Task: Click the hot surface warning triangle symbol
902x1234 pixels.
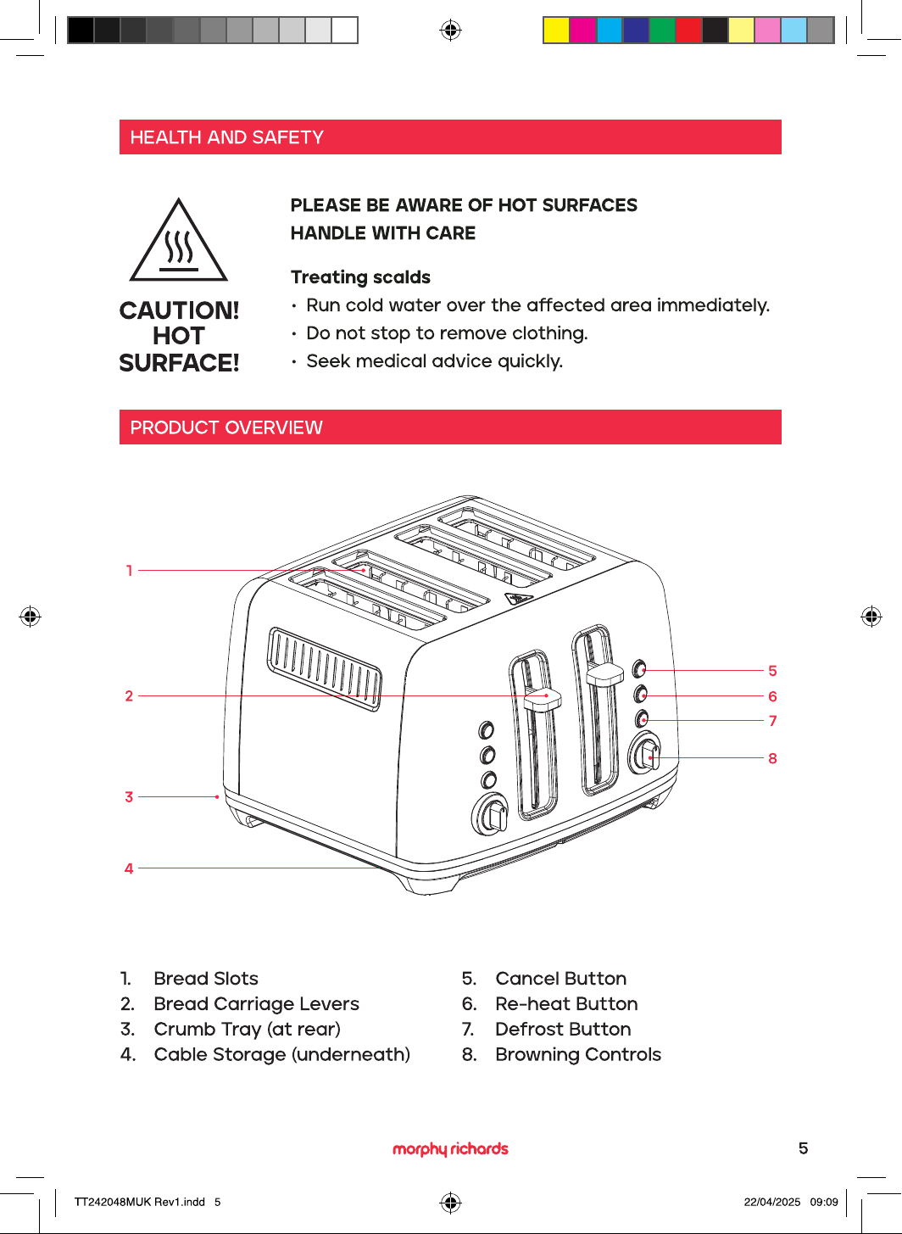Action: pyautogui.click(x=178, y=241)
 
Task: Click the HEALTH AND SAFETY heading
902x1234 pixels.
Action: pyautogui.click(x=227, y=137)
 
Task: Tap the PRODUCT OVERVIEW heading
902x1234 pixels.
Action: pyautogui.click(x=226, y=427)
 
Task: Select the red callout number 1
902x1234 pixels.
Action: pyautogui.click(x=130, y=571)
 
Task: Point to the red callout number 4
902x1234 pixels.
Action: pyautogui.click(x=129, y=868)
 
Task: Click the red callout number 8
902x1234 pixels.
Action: pyautogui.click(x=772, y=758)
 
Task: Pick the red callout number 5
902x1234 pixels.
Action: pyautogui.click(x=772, y=671)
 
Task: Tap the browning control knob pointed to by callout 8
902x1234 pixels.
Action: pyautogui.click(x=645, y=753)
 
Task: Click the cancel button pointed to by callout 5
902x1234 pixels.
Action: pyautogui.click(x=639, y=669)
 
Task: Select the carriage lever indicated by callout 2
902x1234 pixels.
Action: pyautogui.click(x=543, y=697)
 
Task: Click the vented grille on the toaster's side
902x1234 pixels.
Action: pyautogui.click(x=325, y=669)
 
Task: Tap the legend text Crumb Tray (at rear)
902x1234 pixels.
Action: pyautogui.click(x=248, y=1029)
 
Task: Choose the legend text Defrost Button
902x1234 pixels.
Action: pyautogui.click(x=563, y=1029)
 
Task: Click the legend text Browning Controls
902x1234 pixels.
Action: pyautogui.click(x=578, y=1054)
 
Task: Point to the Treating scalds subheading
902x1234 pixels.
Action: pyautogui.click(x=360, y=277)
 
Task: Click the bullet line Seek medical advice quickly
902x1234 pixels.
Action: pyautogui.click(x=435, y=361)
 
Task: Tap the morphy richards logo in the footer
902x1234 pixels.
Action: pyautogui.click(x=450, y=1149)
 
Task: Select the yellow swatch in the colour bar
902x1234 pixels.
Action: pyautogui.click(x=556, y=31)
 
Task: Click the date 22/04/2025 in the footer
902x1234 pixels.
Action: pyautogui.click(x=772, y=1202)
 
